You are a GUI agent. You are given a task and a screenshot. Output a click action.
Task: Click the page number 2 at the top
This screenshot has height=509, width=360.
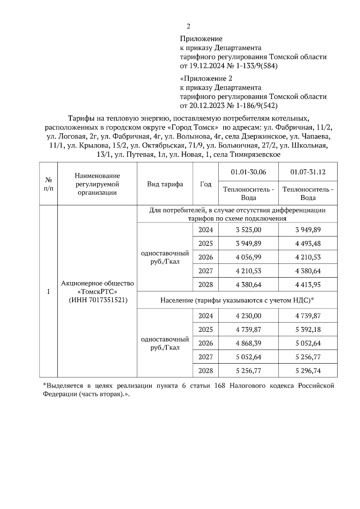[x=188, y=27]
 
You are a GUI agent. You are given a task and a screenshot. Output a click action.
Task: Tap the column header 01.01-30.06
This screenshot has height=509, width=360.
[x=248, y=172]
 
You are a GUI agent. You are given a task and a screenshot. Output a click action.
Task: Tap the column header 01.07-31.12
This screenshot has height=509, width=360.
[x=308, y=172]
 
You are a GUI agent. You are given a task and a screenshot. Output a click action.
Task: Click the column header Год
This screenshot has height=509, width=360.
[x=205, y=184]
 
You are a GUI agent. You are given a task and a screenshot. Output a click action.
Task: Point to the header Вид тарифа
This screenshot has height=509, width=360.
[x=165, y=184]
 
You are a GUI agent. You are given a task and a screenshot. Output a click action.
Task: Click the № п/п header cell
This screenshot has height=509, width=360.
[x=48, y=184]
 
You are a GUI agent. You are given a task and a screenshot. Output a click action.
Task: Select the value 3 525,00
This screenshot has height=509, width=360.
[x=248, y=230]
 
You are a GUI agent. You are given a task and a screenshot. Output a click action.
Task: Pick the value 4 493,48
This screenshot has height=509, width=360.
[x=308, y=244]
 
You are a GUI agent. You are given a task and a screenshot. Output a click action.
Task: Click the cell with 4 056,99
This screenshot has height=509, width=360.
[x=248, y=257]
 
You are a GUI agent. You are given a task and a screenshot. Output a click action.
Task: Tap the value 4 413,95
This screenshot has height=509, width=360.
[x=308, y=285]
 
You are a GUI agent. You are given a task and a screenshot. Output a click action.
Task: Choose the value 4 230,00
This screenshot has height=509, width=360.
[x=248, y=316]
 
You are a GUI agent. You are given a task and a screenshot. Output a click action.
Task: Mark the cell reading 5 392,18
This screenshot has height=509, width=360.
[x=308, y=330]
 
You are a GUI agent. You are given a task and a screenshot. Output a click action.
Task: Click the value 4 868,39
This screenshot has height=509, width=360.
[x=248, y=343]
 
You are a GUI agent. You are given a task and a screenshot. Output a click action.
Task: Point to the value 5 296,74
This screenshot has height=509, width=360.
[x=308, y=371]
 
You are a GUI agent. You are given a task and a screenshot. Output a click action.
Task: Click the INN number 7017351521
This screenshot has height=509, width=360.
[x=108, y=300]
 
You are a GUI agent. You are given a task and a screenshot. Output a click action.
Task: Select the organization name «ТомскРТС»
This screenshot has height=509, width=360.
[x=97, y=292]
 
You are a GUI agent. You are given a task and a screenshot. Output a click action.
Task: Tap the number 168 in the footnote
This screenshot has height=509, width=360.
[x=220, y=386]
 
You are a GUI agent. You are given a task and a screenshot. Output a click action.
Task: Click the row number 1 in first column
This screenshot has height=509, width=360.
[x=48, y=292]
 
